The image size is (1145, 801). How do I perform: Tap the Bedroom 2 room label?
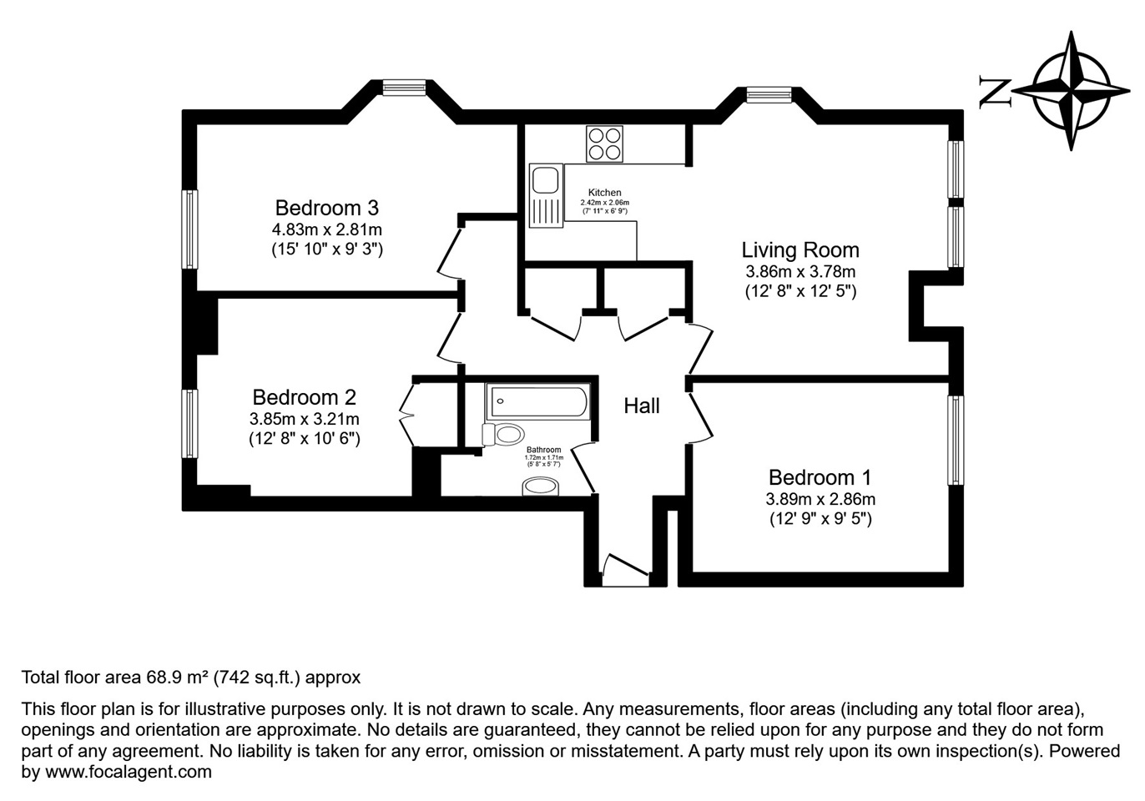[304, 397]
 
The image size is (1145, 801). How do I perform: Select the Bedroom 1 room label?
[820, 477]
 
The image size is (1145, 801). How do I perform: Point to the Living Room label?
[799, 249]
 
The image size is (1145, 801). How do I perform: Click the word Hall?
[641, 406]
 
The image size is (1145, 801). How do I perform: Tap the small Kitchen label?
[604, 193]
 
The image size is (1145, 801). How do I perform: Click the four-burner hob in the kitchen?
[604, 143]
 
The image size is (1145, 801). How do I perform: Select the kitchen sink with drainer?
[546, 196]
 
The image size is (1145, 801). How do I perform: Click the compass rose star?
[1071, 90]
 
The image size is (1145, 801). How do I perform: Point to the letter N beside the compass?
[995, 91]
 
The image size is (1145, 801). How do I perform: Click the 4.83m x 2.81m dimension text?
[326, 229]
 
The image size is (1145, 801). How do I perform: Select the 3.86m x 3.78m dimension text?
[799, 271]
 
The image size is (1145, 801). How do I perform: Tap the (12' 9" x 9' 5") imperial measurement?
[820, 519]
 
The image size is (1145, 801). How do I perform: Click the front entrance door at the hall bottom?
[626, 567]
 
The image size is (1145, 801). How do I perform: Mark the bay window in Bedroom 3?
[404, 87]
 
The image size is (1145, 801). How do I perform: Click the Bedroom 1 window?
[955, 440]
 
